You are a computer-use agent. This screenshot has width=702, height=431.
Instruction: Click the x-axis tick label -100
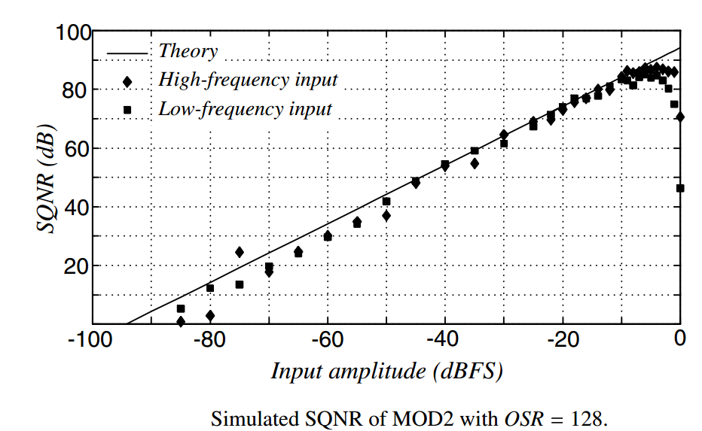click(x=89, y=340)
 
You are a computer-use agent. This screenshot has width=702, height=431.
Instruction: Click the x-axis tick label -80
click(x=209, y=340)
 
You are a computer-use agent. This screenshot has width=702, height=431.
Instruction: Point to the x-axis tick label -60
click(x=326, y=340)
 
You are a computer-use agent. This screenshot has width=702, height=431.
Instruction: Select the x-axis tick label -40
click(x=444, y=340)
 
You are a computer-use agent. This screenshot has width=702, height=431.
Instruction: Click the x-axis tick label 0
click(x=680, y=340)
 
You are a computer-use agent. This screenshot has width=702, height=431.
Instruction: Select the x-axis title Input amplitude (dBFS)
click(x=386, y=372)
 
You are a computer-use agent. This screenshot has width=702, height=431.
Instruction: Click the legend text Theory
click(x=188, y=51)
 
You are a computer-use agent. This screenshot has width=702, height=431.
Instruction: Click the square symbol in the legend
click(x=127, y=110)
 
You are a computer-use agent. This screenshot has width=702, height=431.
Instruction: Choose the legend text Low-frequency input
click(x=245, y=109)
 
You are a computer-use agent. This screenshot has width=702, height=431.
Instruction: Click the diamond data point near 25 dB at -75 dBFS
click(x=240, y=252)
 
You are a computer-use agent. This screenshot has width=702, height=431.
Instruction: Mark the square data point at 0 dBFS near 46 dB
click(x=680, y=188)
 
